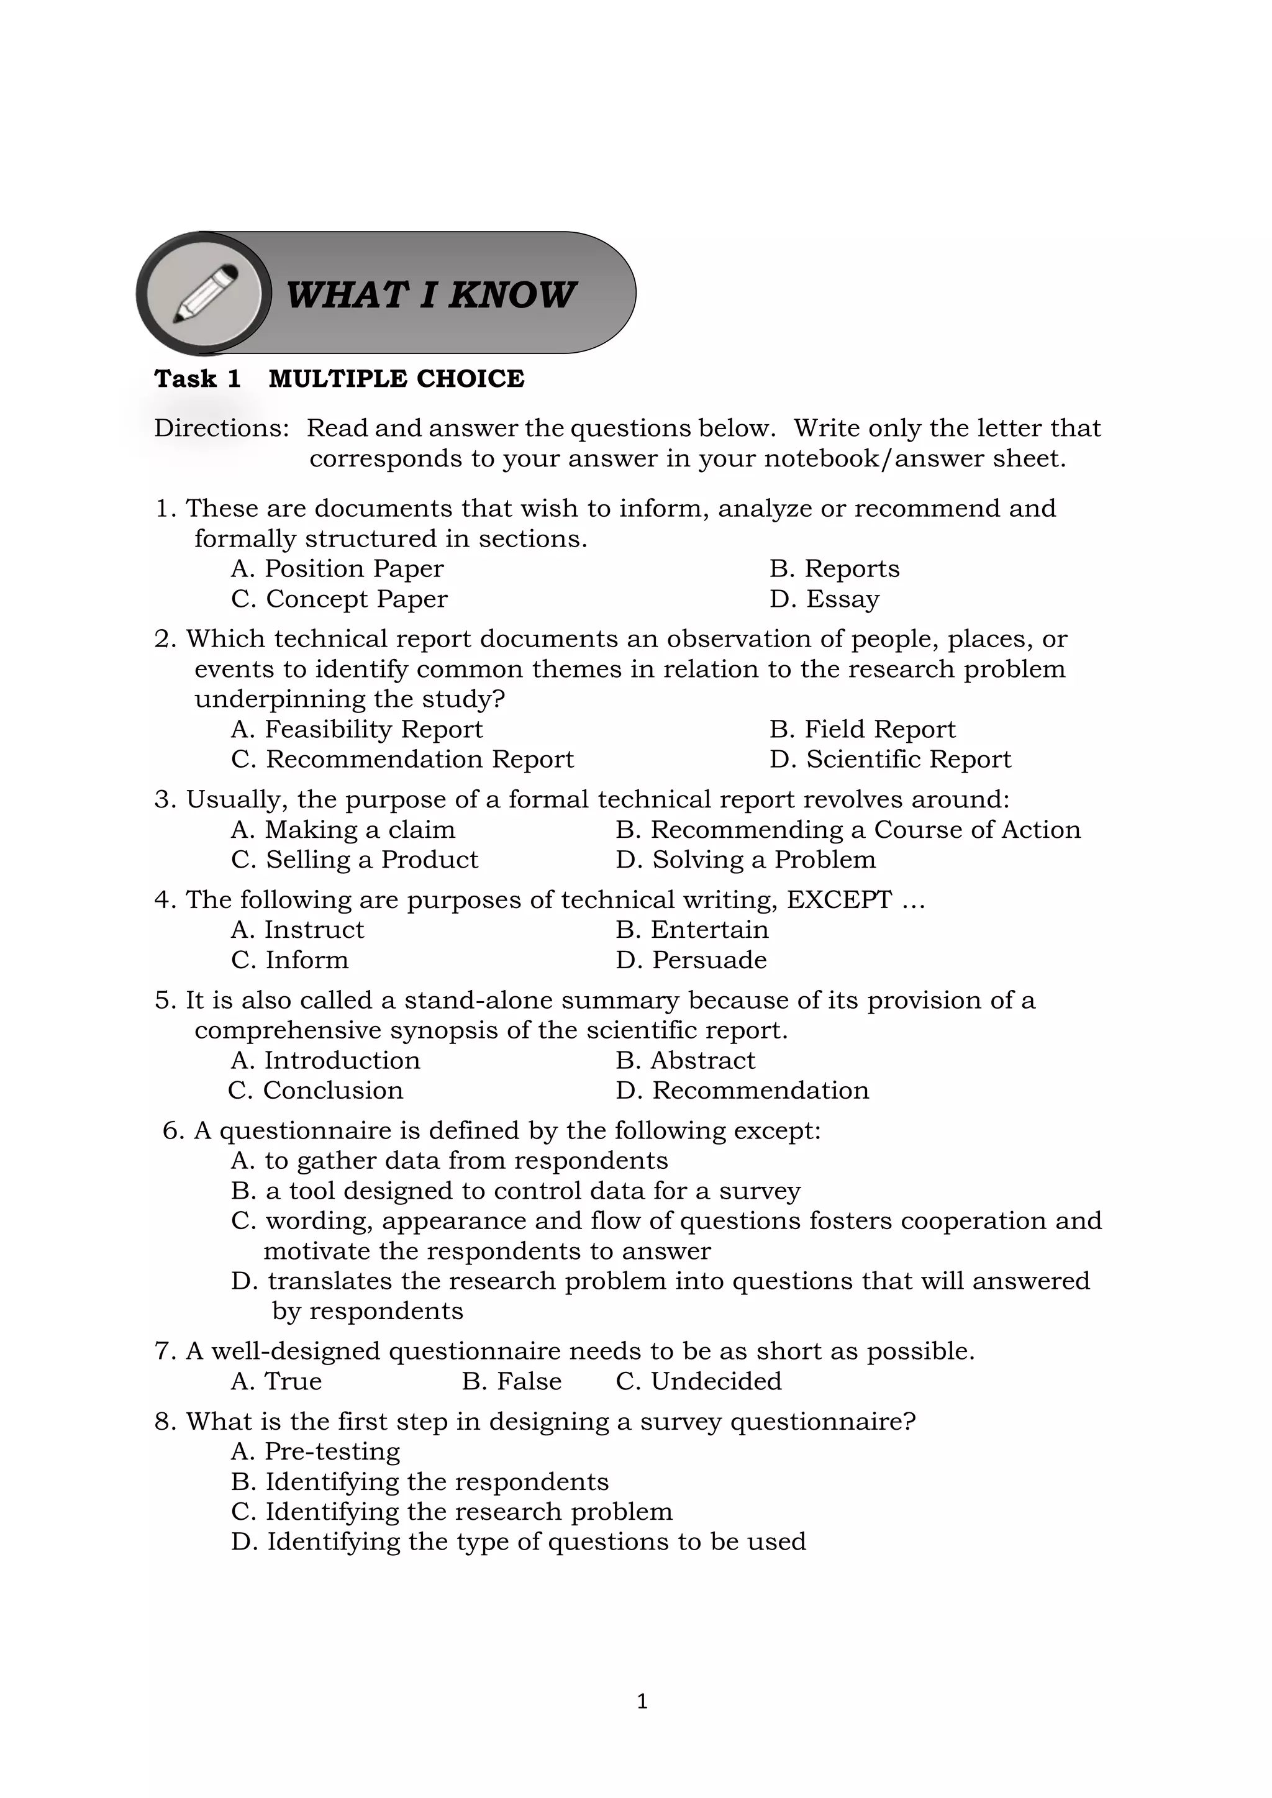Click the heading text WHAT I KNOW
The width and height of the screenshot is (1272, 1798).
point(430,295)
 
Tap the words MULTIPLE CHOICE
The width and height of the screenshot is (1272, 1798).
point(396,379)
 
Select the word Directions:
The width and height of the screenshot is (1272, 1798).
point(222,429)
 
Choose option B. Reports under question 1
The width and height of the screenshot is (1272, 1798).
point(834,568)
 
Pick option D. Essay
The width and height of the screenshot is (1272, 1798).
point(824,599)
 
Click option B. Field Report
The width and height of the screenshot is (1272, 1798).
point(862,729)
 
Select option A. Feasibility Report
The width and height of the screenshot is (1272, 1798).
point(357,729)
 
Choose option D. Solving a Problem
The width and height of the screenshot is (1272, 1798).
point(746,860)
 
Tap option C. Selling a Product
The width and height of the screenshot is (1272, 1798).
point(354,860)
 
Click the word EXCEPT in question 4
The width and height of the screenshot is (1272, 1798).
point(838,900)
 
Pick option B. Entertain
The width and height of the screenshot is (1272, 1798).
point(692,930)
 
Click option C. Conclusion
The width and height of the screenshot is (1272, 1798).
point(316,1090)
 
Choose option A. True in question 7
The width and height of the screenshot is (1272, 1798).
point(276,1381)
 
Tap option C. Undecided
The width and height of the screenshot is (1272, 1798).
point(699,1381)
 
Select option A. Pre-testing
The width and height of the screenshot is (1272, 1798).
point(315,1451)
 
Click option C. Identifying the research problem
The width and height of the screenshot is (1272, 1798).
point(452,1512)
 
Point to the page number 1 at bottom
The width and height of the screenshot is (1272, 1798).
point(642,1701)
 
